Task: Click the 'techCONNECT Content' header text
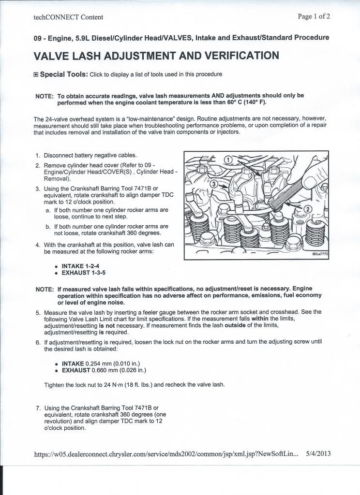[68, 17]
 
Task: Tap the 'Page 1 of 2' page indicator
[315, 16]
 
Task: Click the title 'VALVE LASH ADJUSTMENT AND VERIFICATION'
[156, 56]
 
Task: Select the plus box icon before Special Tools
[36, 75]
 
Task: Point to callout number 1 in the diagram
[228, 160]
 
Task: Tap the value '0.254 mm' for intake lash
[99, 364]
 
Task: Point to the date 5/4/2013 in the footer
[318, 454]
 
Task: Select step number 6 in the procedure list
[38, 342]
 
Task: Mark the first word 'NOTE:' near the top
[45, 96]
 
